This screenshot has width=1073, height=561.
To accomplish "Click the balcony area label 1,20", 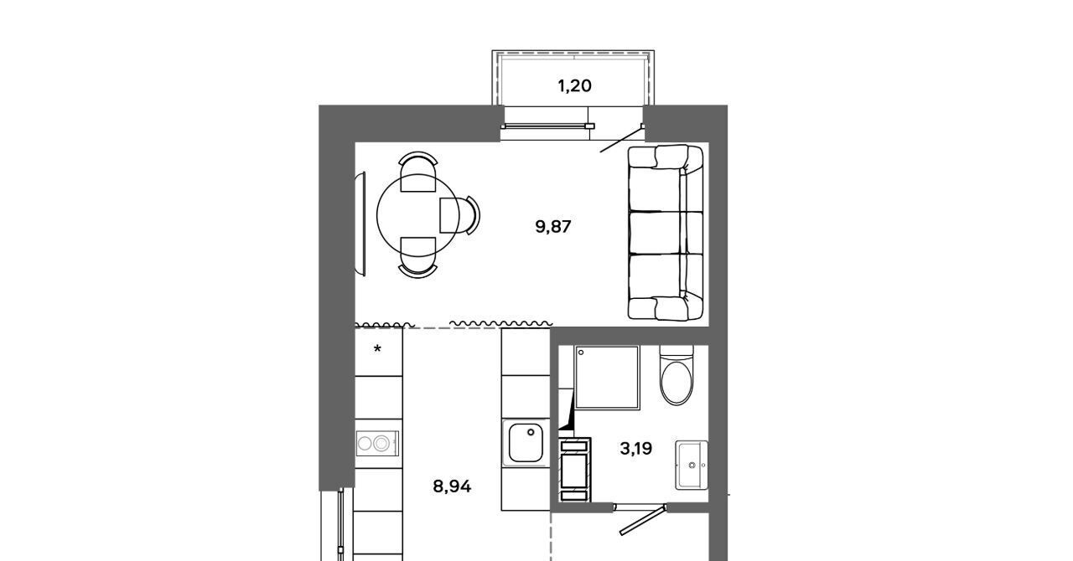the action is (x=574, y=86).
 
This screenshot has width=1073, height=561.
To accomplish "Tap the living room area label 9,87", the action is (x=553, y=226).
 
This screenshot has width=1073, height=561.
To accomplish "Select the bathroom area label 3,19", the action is (x=636, y=449).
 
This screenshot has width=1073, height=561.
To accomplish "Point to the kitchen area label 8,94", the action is (x=452, y=486).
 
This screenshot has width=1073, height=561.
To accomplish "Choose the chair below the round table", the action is (x=417, y=258).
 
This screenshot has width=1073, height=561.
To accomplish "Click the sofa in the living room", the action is (x=666, y=233).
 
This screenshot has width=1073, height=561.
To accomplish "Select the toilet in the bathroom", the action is (x=676, y=376).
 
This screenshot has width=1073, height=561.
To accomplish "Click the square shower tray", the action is (x=608, y=377).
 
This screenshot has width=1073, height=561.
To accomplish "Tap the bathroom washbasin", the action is (x=692, y=466).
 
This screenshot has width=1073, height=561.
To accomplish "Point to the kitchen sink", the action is (x=526, y=442).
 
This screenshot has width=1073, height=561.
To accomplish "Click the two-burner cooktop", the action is (x=377, y=443).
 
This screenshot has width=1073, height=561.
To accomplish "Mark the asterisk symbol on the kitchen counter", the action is (x=377, y=349).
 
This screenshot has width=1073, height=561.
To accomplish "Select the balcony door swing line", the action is (x=622, y=139).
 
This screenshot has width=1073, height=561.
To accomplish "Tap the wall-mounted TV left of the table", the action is (x=360, y=224).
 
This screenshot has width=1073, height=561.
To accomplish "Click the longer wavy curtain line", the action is (x=501, y=323).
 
